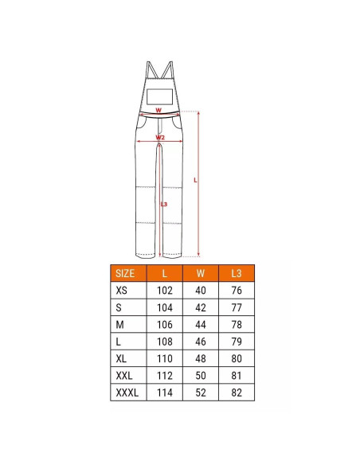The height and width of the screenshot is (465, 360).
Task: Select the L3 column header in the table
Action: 237,273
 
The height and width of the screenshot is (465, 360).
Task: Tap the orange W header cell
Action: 201,273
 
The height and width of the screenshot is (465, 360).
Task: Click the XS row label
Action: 121,291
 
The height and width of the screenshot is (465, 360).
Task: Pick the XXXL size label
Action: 127,393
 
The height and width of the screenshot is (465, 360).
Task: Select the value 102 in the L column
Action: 165,291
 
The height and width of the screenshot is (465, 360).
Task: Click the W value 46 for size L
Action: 201,342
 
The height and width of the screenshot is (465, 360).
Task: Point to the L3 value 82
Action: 237,393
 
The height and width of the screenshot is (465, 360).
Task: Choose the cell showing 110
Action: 165,358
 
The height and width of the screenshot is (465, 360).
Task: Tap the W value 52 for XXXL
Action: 201,393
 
